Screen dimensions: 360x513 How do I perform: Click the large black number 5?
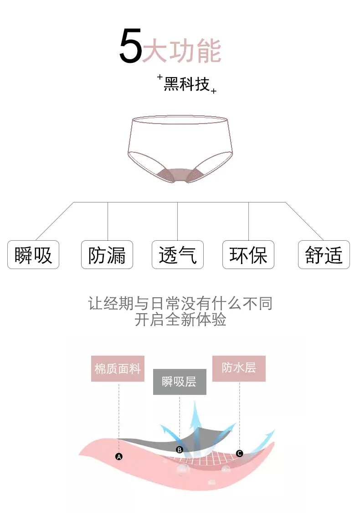tap(130, 47)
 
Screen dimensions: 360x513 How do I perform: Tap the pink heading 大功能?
tap(182, 51)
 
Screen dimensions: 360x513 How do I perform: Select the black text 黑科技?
tap(186, 84)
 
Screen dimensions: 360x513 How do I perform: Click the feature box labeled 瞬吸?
tap(33, 255)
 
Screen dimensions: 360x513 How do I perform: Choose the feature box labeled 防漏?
tap(107, 255)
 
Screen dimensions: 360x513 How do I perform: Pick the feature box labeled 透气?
tap(177, 255)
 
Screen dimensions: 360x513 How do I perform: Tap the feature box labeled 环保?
tap(248, 255)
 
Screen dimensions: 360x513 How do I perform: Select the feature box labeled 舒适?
tap(324, 255)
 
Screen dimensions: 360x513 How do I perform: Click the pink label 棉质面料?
tap(118, 368)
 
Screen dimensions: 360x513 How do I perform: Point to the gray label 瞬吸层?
tap(179, 382)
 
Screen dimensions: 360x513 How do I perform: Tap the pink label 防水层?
tap(239, 368)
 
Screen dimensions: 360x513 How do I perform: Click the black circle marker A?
tap(119, 456)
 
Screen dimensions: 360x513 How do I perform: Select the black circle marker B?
tap(180, 450)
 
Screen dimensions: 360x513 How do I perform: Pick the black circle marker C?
tap(240, 453)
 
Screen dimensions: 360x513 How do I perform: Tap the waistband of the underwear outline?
tap(179, 119)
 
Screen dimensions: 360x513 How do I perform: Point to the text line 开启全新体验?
tap(180, 320)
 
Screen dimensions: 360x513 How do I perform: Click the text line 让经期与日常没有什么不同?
tap(180, 303)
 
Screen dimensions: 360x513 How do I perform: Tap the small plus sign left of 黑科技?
tap(160, 78)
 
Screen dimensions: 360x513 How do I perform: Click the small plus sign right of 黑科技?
tap(213, 91)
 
